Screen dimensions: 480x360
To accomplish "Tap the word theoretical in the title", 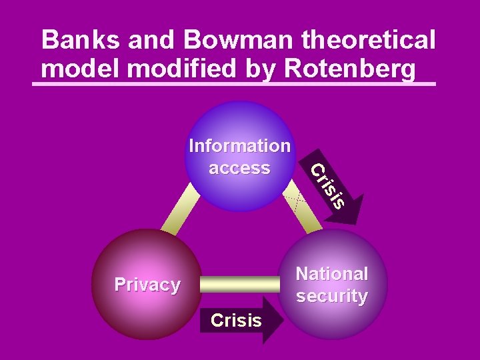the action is pos(369,40).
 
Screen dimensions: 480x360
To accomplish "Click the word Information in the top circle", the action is pos(239,145).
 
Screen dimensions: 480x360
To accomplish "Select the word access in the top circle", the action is pos(239,167).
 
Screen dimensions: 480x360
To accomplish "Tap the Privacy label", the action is pos(147,285).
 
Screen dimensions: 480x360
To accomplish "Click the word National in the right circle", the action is pos(332,274).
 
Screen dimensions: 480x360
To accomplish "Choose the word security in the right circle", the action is pos(332,296).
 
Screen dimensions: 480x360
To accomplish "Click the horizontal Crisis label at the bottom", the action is pos(236,321).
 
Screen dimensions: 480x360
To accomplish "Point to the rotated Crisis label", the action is pos(329,184).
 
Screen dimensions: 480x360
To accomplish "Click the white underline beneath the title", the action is pos(233,85).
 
